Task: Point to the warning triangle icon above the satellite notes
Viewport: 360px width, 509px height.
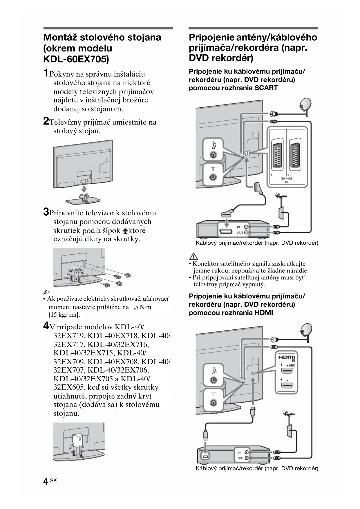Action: click(x=193, y=256)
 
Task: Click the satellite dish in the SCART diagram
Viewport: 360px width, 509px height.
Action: click(x=305, y=104)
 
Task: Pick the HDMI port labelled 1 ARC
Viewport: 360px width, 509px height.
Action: click(x=287, y=371)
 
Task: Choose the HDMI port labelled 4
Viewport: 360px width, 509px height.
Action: click(x=287, y=386)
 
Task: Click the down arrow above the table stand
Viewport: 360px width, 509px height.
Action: click(x=84, y=189)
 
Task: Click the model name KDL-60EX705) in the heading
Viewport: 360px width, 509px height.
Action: click(x=76, y=59)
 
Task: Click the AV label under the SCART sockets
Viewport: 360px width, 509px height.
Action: click(x=286, y=183)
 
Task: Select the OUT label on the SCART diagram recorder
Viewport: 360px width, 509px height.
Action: click(x=240, y=233)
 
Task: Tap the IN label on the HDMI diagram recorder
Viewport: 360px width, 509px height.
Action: click(x=239, y=452)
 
